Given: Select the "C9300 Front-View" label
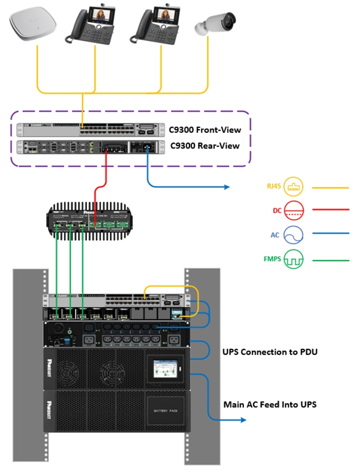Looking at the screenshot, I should pos(205,130).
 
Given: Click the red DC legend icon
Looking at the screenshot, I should pos(294,211).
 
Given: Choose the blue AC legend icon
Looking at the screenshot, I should pos(294,235).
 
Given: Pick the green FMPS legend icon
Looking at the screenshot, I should pos(294,259).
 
